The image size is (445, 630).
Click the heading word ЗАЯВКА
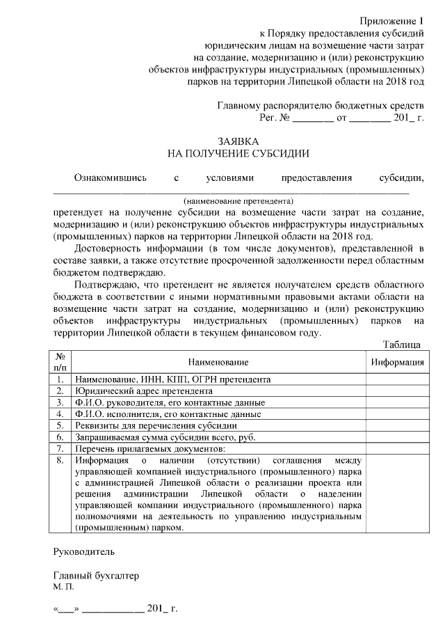tap(238, 141)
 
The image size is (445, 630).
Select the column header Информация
tap(397, 362)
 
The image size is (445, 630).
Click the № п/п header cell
tap(60, 362)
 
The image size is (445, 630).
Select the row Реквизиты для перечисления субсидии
tap(156, 425)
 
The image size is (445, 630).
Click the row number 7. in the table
tap(60, 448)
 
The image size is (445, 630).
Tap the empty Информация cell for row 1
tap(397, 380)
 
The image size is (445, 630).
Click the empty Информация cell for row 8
tap(397, 494)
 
